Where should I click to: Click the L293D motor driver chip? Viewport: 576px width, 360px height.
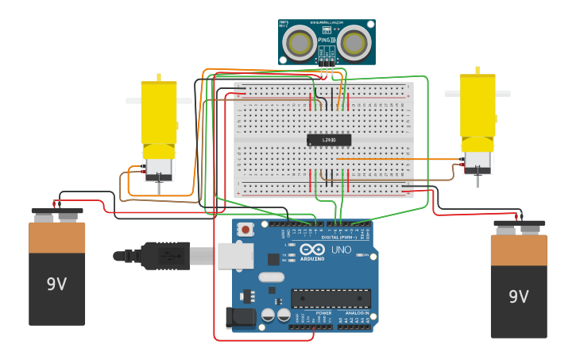click(x=329, y=140)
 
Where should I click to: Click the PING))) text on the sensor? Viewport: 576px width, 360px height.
click(x=327, y=40)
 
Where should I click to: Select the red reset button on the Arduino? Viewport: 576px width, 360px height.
click(x=245, y=230)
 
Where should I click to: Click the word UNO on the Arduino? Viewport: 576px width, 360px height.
click(x=341, y=250)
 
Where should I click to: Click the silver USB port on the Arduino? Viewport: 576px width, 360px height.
click(x=235, y=256)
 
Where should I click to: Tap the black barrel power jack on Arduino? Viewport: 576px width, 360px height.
click(x=239, y=318)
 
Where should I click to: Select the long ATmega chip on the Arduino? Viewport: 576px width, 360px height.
click(x=331, y=298)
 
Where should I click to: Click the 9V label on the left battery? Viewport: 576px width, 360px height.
click(x=56, y=284)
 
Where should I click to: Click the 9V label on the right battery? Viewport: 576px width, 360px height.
click(x=519, y=296)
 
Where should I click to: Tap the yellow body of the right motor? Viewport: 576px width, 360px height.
click(x=477, y=105)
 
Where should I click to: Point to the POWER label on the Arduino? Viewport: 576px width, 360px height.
click(x=323, y=313)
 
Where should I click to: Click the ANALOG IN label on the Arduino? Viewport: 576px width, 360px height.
click(x=357, y=313)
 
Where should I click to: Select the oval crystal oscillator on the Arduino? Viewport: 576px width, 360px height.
click(x=271, y=277)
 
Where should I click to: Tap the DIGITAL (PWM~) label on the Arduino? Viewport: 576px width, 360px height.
click(x=337, y=237)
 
